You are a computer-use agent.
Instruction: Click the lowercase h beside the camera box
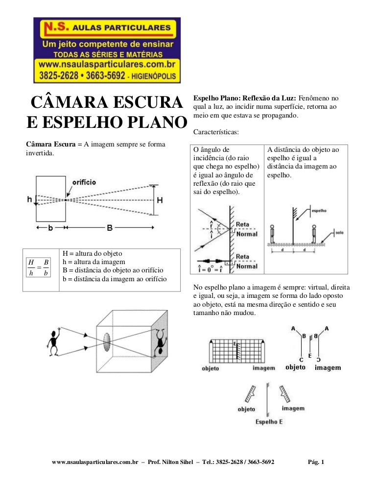[x=29, y=199]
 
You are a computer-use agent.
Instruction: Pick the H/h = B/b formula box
[x=39, y=267]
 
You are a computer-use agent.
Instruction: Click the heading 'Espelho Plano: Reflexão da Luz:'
[x=245, y=97]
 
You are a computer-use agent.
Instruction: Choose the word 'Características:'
[x=215, y=132]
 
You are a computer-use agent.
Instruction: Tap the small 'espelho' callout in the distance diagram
[x=319, y=210]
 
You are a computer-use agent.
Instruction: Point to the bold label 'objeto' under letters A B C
[x=295, y=367]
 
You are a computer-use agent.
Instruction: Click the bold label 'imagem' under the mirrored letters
[x=328, y=367]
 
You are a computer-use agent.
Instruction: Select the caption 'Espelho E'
[x=269, y=421]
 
